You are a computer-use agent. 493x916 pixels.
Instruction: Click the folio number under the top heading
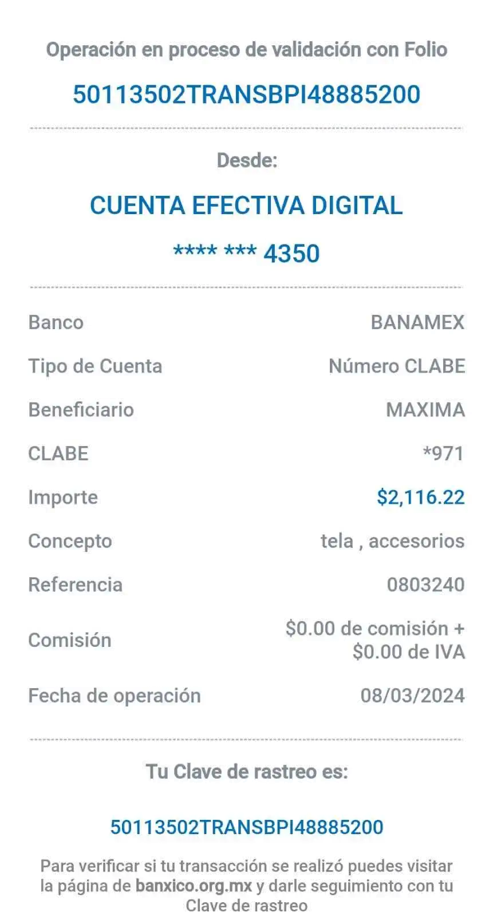[246, 94]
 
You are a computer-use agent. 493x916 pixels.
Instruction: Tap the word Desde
[247, 160]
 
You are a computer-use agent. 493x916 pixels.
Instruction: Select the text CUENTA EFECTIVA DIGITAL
[246, 205]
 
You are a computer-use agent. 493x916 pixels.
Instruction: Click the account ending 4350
[246, 253]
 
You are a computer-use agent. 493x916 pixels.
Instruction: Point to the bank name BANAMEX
[418, 322]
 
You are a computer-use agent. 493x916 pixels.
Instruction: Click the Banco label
[56, 322]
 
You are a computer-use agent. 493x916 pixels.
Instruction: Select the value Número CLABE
[397, 366]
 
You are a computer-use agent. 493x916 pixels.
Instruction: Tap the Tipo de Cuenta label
[95, 366]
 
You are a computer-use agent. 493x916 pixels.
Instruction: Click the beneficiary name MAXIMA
[425, 410]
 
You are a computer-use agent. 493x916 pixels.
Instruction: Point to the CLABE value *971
[444, 453]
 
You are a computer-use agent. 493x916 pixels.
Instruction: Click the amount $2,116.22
[421, 498]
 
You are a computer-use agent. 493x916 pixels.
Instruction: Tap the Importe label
[63, 498]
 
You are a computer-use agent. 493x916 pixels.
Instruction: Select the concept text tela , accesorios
[393, 541]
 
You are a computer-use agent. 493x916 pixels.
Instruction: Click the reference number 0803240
[426, 585]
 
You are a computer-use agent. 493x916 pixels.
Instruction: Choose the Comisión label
[70, 641]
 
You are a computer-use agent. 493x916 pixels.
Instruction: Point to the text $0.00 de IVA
[409, 652]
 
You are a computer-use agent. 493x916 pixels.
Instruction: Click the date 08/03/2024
[413, 696]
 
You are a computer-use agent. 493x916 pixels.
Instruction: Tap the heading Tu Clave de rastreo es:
[247, 772]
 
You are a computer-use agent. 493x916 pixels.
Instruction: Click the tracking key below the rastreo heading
[247, 827]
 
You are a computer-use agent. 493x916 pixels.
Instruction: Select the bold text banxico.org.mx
[194, 886]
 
